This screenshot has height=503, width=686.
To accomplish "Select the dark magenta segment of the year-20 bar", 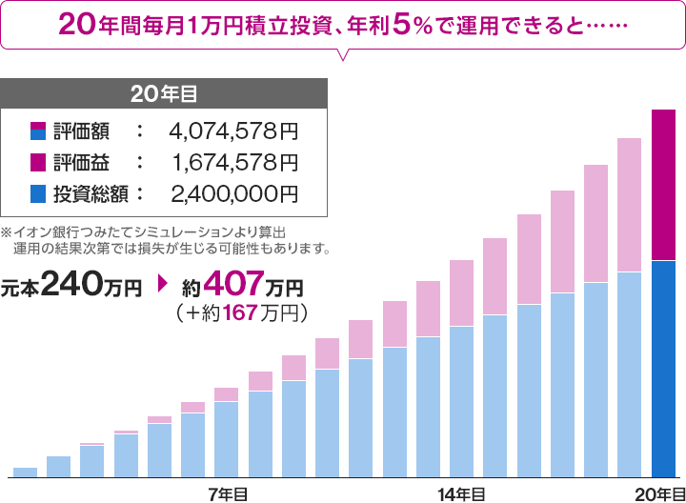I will point(664,185).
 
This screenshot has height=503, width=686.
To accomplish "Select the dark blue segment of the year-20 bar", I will point(664,368).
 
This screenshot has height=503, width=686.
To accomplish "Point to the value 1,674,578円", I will point(234,163).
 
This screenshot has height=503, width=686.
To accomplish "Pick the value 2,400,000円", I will point(234,194).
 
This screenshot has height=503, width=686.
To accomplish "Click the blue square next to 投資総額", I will point(38,194).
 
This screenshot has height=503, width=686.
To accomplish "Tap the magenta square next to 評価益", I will point(38,163).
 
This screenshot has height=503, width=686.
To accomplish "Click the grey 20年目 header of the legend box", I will point(165,93).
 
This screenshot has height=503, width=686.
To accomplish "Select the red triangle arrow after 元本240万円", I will point(161,285).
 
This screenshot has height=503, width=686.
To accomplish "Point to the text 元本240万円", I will point(71,285).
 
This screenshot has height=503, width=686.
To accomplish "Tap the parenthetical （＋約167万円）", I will point(239,312).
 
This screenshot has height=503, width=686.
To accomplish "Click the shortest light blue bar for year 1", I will point(25,472).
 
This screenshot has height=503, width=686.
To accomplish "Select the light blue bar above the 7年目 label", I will point(227,438).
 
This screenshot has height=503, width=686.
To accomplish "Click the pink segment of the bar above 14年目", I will point(462,292).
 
